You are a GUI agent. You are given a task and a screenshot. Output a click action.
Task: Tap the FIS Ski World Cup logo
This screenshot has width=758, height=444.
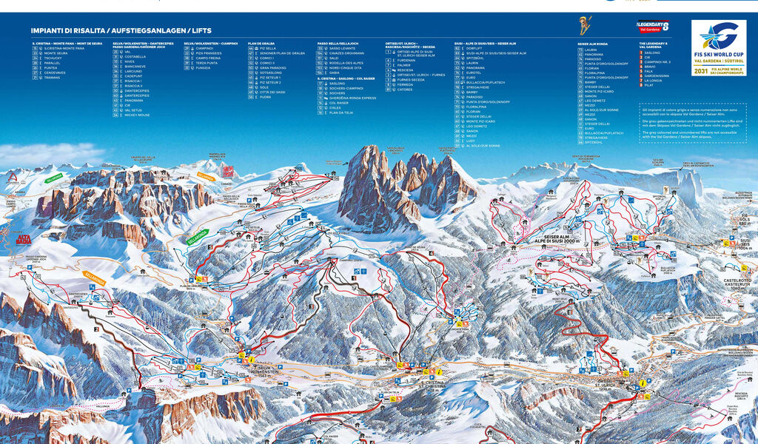[x=719, y=48]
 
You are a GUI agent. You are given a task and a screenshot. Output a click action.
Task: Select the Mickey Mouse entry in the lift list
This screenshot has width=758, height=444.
[x=137, y=115]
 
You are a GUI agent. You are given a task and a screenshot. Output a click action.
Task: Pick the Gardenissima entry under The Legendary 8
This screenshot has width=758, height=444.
[x=657, y=75]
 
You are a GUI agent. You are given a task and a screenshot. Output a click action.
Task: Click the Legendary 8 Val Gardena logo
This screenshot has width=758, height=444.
[x=654, y=27]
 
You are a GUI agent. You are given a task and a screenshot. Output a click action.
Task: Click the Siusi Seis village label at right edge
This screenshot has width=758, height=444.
[x=745, y=242]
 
